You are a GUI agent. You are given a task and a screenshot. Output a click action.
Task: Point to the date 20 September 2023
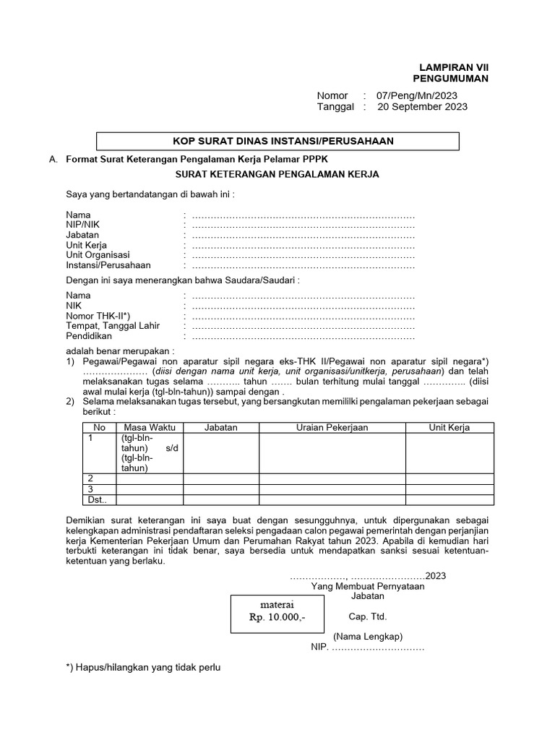[x=422, y=107]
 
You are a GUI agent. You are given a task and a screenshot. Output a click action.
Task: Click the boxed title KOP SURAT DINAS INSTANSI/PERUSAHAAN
[x=277, y=141]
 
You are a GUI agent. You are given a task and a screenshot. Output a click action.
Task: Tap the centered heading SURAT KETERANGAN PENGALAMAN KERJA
[x=277, y=175]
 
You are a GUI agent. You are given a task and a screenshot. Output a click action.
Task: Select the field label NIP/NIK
[x=83, y=225]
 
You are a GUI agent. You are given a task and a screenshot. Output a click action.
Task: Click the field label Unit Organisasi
[x=98, y=255]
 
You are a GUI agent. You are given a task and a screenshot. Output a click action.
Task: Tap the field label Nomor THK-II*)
[x=98, y=316]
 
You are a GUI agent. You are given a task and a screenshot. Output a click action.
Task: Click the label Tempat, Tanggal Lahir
[x=113, y=326]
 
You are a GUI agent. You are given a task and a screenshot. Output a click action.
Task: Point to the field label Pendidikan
[x=89, y=336]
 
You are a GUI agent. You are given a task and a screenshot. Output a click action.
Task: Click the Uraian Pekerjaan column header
[x=332, y=427]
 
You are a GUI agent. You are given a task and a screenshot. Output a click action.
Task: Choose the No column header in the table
[x=99, y=427]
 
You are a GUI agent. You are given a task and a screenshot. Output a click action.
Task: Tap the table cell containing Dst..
[x=97, y=499]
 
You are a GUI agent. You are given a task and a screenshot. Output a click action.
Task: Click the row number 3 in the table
[x=90, y=489]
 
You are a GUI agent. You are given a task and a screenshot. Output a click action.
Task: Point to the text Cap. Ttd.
[x=367, y=616]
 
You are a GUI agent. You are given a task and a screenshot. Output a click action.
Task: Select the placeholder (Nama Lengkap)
[x=367, y=637]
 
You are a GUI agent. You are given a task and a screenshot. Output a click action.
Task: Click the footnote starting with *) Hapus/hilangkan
[x=142, y=667]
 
